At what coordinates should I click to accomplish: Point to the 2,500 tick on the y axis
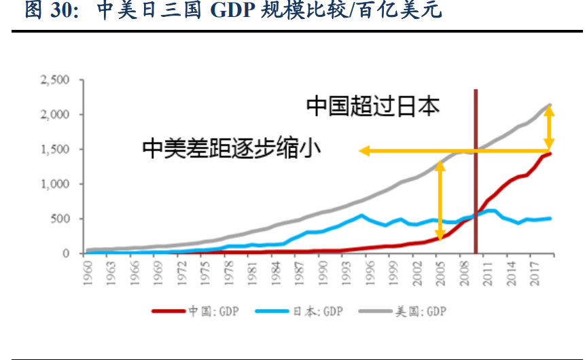pos(56,80)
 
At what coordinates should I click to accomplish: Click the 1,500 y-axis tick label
pos(56,149)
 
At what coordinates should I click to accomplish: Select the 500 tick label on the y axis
pos(61,219)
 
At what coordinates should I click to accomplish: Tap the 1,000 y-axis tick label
pos(56,184)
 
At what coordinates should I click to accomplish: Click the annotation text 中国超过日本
pos(373,106)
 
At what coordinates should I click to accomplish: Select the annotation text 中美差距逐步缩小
pos(232,147)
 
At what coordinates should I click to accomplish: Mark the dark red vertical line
pos(475,170)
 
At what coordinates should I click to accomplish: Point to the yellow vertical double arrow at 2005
pos(440,200)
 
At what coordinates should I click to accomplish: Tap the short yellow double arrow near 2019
pos(550,128)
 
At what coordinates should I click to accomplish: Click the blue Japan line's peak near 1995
pos(361,215)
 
